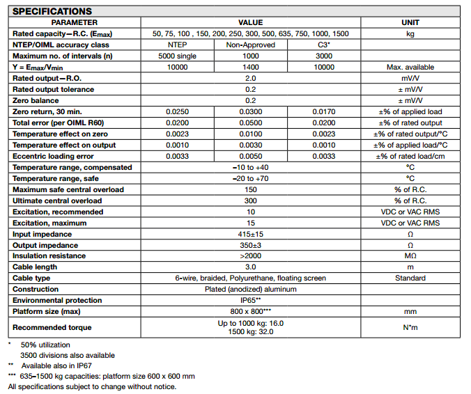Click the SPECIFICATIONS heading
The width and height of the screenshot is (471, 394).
pos(52,11)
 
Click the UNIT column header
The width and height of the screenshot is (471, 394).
pos(410,23)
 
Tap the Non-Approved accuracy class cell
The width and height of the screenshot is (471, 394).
pos(251,45)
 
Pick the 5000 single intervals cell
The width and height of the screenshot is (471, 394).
pos(178,56)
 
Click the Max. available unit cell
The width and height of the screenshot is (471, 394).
pos(410,68)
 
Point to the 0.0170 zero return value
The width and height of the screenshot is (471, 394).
pos(324,112)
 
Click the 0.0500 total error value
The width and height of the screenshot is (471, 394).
pos(251,123)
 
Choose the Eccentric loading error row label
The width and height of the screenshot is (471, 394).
pos(53,157)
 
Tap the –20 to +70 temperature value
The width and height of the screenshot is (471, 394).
pos(251,179)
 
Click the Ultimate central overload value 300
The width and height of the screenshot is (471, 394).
pos(251,201)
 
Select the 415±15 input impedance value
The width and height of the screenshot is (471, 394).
pos(251,235)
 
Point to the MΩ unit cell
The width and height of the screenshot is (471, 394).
pos(410,256)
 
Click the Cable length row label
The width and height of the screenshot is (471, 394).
pos(36,267)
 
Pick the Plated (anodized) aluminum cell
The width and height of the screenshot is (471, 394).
pos(251,290)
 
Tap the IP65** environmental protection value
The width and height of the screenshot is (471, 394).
pos(251,301)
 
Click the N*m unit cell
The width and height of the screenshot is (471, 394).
pos(410,327)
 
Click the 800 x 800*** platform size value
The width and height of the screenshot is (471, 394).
pos(251,312)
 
